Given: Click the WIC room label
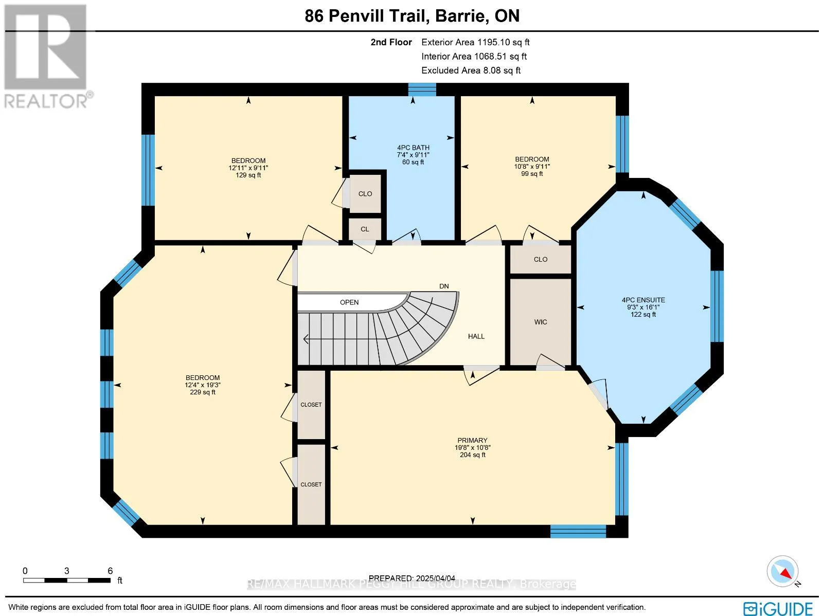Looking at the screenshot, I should tap(541, 322).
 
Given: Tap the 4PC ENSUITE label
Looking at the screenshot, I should tap(643, 300).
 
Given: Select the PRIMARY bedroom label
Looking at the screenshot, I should tap(472, 440).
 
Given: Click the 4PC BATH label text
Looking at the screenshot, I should tap(413, 148).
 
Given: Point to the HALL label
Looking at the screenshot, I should tap(476, 336).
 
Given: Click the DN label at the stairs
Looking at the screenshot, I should tap(444, 286).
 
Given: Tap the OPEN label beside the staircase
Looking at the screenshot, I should tap(349, 302).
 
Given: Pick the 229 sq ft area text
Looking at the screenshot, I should tap(203, 392).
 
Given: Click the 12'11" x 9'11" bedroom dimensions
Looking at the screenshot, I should tap(248, 168).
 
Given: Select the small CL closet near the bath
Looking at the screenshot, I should tap(365, 229).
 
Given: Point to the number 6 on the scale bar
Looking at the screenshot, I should tap(110, 571).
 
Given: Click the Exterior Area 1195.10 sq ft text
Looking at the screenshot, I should tap(475, 42).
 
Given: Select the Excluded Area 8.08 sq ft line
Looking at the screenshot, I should tap(471, 70).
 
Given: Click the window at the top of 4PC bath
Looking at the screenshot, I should tap(422, 89).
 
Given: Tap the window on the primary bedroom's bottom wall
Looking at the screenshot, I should tap(578, 531).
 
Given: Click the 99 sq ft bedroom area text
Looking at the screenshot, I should tap(532, 174).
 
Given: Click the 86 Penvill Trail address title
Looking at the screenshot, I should tap(412, 16).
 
